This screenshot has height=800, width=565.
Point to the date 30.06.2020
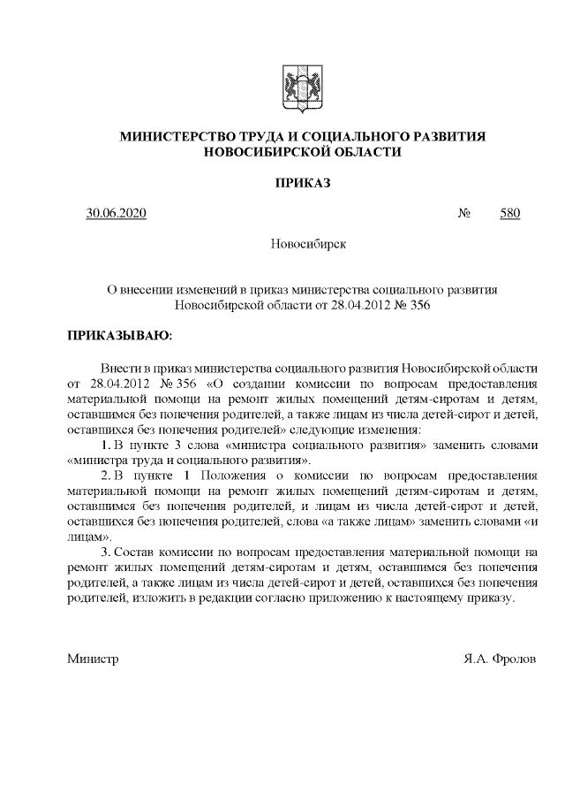pos(116,213)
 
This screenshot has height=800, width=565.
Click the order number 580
pos(509,213)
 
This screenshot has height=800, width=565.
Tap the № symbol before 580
pos(463,213)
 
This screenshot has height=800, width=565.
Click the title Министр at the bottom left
pos(93,659)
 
